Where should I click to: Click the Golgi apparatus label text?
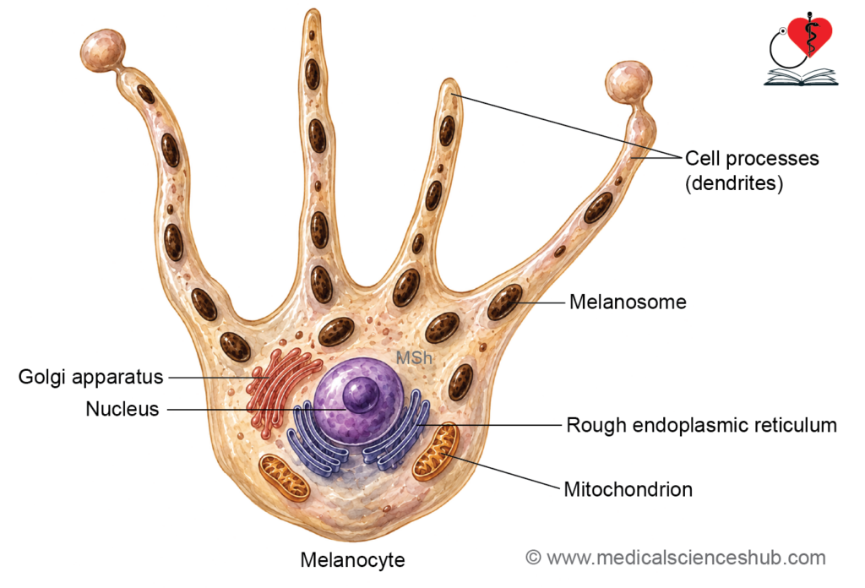pos(91,378)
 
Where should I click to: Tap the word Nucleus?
pos(122,409)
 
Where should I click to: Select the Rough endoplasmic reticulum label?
pos(702,425)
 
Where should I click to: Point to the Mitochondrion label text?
pos(628,489)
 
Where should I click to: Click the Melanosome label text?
pos(628,302)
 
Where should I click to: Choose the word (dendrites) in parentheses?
pos(734,183)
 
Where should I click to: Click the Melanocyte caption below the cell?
pos(352,560)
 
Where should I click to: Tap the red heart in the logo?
pos(809,35)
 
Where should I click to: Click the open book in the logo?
pos(801,77)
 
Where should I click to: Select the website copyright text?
pos(676,558)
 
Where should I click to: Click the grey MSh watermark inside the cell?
pos(414,358)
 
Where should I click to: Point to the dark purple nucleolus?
pos(361,395)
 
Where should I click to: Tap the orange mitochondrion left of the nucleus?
pos(284,477)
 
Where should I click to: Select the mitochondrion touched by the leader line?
pos(436,451)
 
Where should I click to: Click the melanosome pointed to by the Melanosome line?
pos(504,302)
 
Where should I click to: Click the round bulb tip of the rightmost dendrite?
pos(628,83)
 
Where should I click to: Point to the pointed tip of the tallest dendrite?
pos(313,11)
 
